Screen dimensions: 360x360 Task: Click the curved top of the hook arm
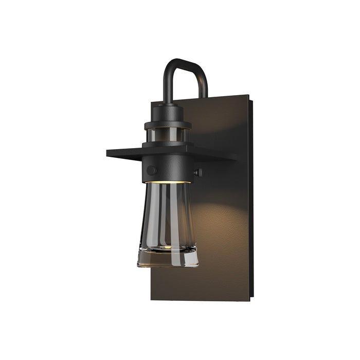coord(185,62)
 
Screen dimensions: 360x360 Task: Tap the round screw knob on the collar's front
coord(151,170)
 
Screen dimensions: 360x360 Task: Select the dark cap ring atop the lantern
coord(168,123)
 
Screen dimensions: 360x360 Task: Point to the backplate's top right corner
coord(249,96)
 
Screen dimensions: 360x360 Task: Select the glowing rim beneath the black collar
coord(168,182)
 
